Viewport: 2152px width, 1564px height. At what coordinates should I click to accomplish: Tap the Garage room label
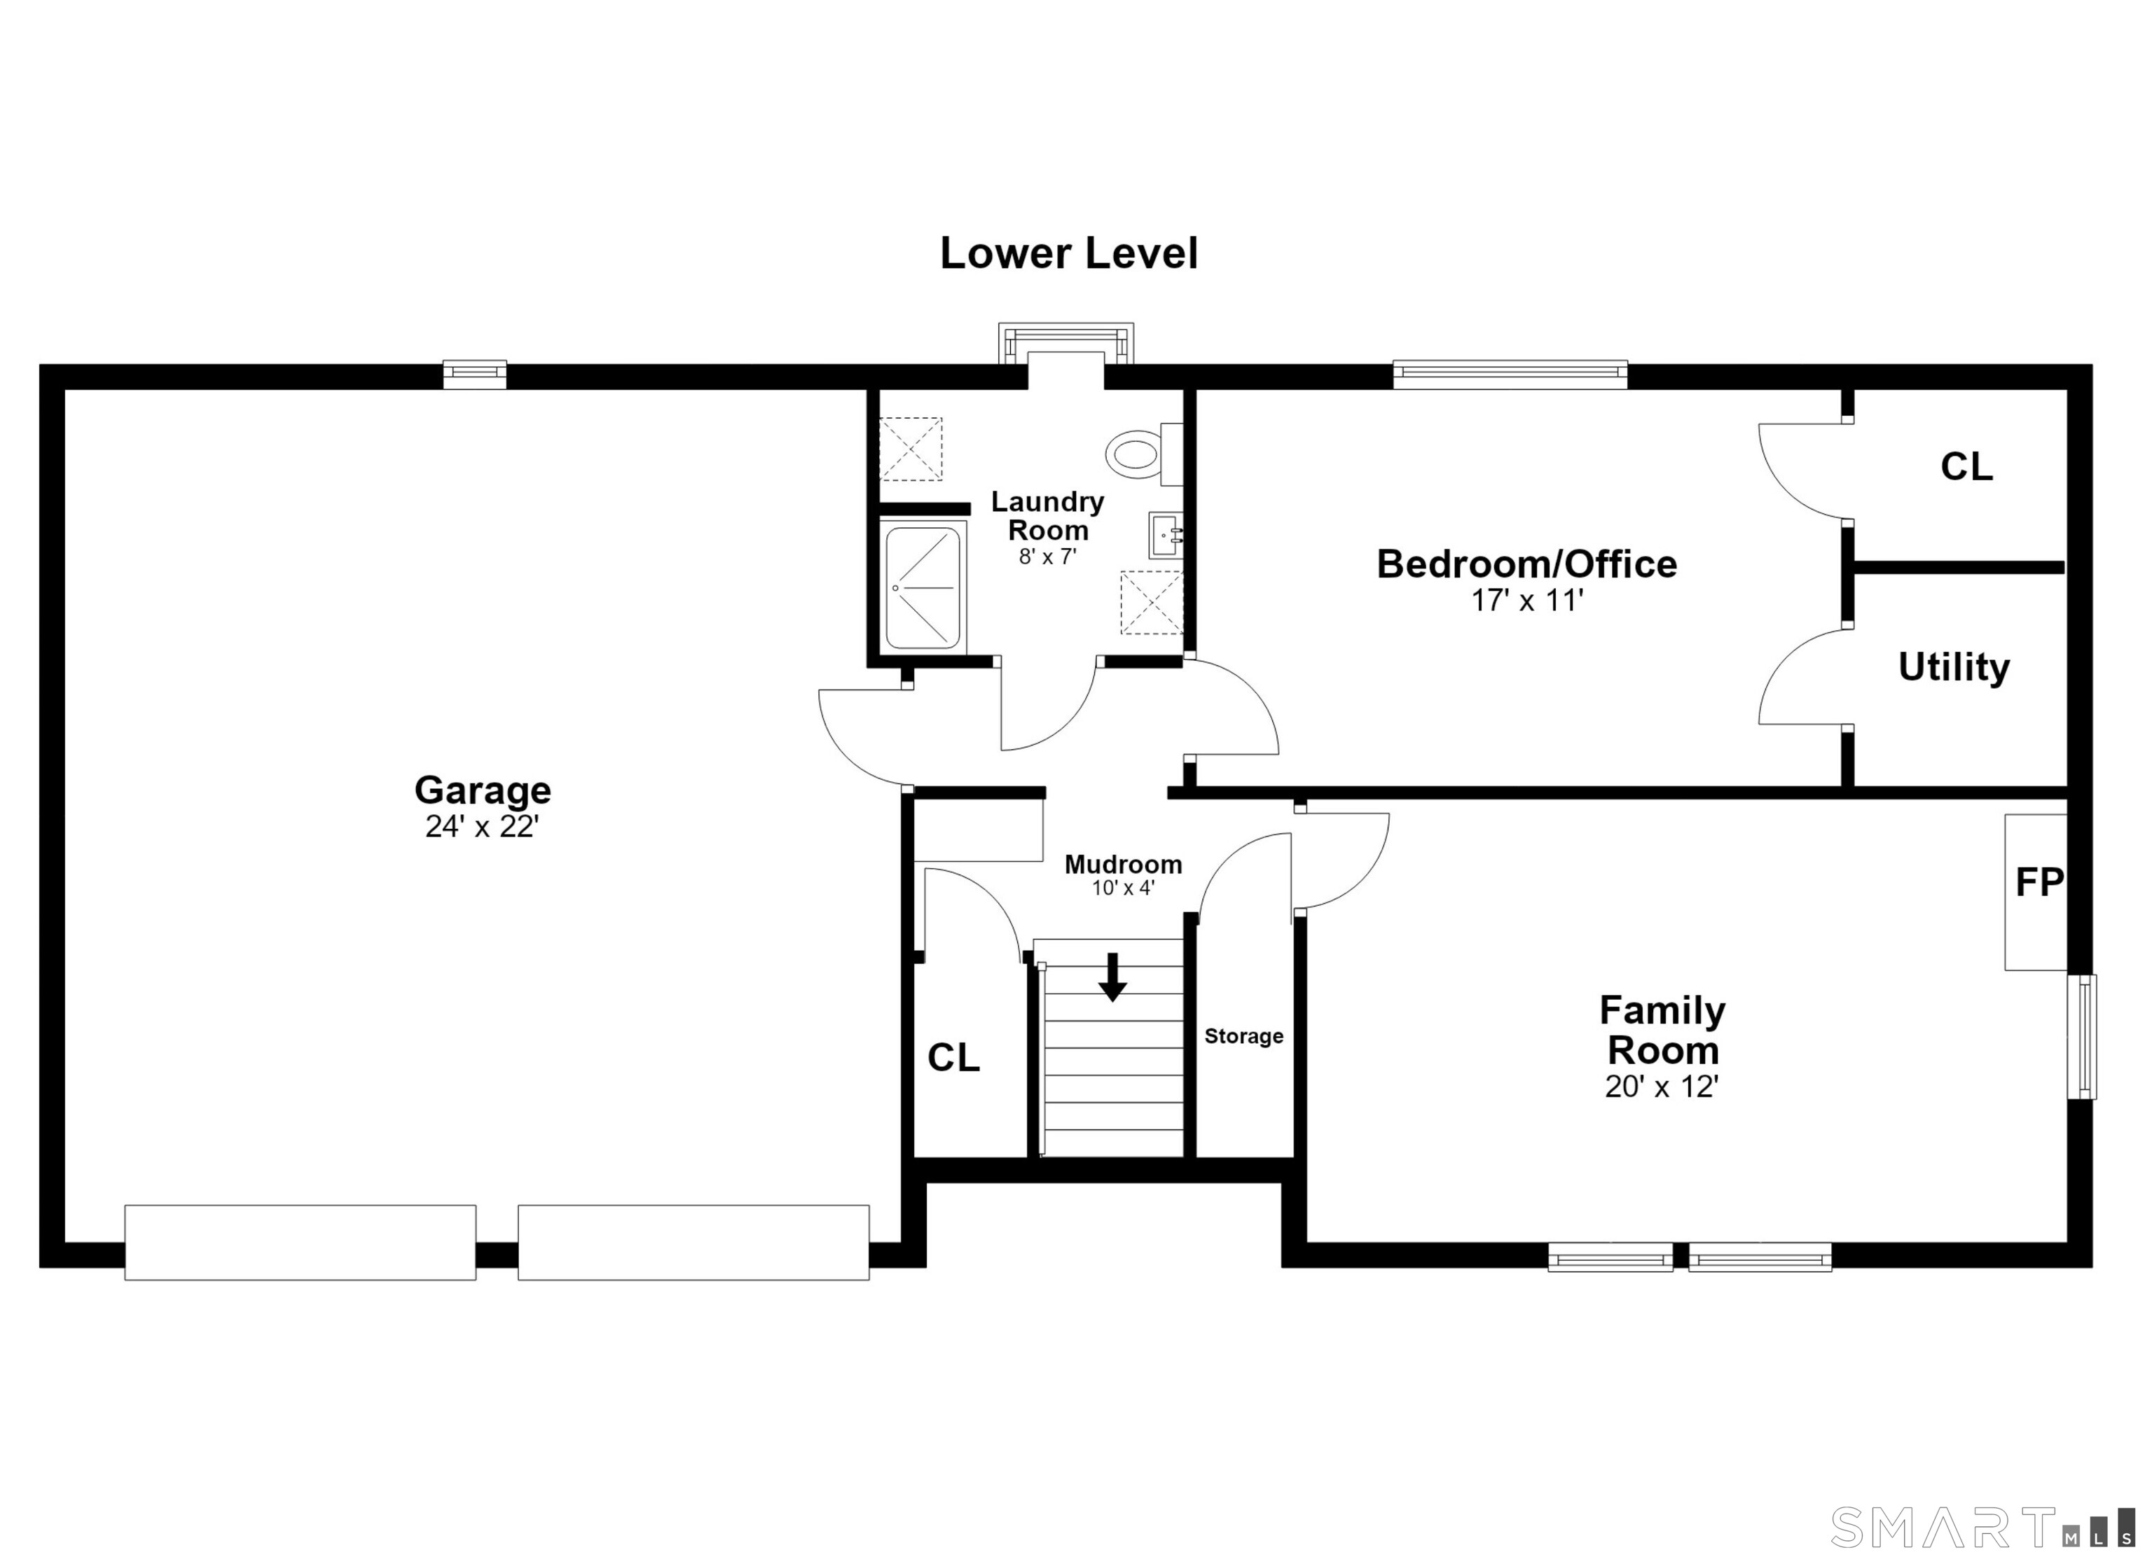(482, 790)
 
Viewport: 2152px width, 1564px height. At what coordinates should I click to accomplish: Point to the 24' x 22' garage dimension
(482, 827)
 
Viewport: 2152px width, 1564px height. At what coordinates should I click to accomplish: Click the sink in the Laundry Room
(1164, 536)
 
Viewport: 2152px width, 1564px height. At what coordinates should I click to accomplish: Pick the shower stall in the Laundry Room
(923, 588)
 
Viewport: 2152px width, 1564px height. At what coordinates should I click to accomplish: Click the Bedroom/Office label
(1526, 564)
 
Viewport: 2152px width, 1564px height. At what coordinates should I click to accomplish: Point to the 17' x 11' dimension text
(1526, 601)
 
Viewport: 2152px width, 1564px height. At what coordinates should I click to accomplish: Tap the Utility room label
(1954, 668)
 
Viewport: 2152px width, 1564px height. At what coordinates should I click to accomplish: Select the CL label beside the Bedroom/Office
(1966, 467)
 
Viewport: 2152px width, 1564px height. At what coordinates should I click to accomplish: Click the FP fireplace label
(2038, 883)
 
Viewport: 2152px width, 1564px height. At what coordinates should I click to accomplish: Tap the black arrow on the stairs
(1113, 977)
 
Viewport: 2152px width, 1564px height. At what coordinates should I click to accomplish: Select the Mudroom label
(1124, 865)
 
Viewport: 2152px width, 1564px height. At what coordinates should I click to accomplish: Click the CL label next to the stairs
(953, 1059)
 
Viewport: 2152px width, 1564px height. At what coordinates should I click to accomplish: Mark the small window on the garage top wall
(476, 375)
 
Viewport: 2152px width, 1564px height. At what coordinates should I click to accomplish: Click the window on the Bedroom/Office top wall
(1510, 375)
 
